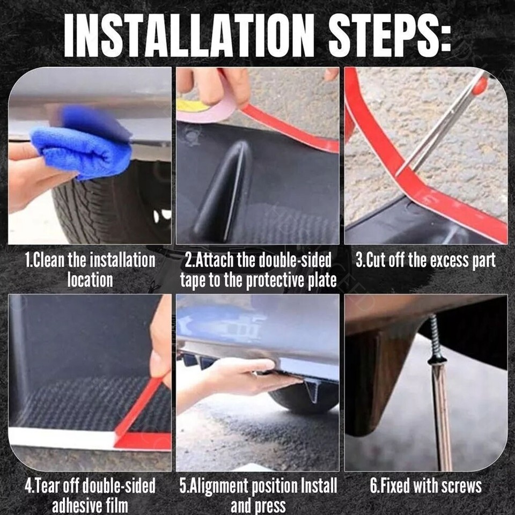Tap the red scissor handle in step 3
point(481,84)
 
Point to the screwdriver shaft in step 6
point(442,417)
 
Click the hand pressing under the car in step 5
point(237,378)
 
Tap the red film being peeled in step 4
point(141,417)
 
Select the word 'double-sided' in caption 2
point(295,260)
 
